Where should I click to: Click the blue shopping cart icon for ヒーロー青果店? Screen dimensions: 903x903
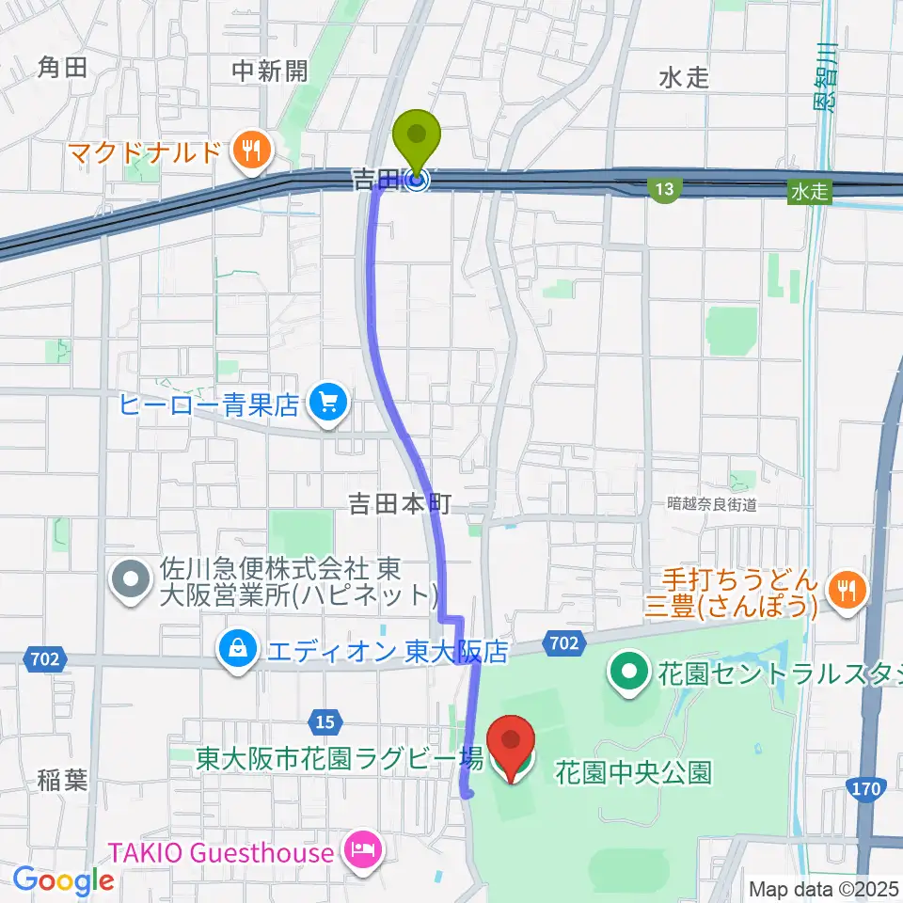tap(327, 405)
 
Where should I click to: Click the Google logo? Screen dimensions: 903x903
tap(63, 880)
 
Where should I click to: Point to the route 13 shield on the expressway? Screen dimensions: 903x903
tap(665, 191)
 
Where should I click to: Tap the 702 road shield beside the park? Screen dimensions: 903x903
tap(562, 643)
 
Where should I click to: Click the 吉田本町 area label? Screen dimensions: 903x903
tap(401, 505)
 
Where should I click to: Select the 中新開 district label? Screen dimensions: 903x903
tap(270, 71)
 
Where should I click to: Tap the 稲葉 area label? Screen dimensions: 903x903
tap(63, 780)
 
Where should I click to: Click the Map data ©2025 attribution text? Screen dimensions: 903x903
tap(824, 888)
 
